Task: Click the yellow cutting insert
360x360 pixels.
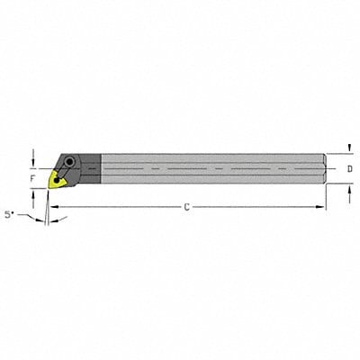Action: (x=58, y=179)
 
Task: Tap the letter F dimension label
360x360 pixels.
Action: (x=33, y=178)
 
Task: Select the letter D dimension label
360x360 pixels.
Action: (x=349, y=168)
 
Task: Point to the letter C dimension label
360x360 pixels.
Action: (x=186, y=208)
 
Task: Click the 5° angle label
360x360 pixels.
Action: (x=11, y=215)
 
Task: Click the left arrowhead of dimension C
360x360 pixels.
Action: (x=51, y=208)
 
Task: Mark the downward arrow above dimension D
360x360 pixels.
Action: (x=349, y=149)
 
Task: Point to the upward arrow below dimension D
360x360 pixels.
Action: (x=349, y=186)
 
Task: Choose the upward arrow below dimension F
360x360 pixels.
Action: (x=33, y=193)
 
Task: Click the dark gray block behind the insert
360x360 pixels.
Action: (x=89, y=167)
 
